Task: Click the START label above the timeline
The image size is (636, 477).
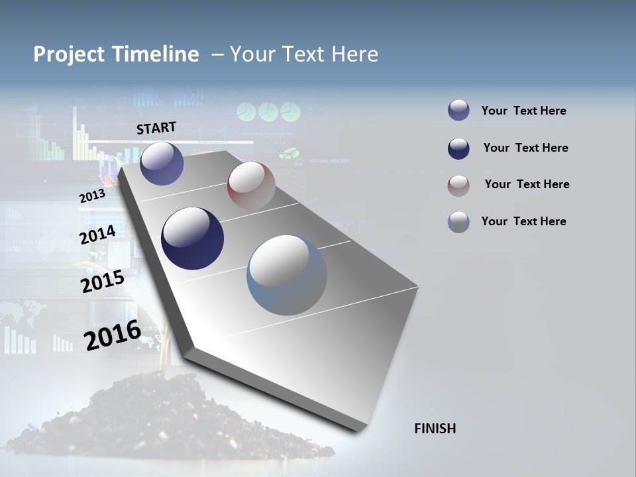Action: (x=156, y=128)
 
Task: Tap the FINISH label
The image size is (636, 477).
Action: (x=435, y=429)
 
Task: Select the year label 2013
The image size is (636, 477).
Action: (x=92, y=196)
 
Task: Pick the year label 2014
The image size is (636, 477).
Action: (x=97, y=235)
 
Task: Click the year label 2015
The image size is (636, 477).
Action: (x=102, y=282)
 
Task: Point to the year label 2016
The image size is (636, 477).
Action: (x=112, y=335)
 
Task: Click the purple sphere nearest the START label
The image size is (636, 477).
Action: (x=162, y=163)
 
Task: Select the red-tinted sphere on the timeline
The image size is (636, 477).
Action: (x=251, y=185)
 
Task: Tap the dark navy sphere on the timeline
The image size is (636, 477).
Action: (x=192, y=238)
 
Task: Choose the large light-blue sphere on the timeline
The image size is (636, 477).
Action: (x=287, y=275)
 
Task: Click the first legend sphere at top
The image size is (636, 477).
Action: (x=458, y=111)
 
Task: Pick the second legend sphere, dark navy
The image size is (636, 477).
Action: (x=458, y=148)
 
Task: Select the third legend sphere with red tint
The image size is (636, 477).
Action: (x=458, y=185)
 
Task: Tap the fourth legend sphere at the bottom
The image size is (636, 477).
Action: (x=458, y=222)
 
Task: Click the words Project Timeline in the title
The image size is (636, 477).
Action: (x=116, y=54)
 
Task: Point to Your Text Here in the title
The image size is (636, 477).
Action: (x=304, y=54)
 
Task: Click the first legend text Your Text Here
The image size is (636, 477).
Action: (x=523, y=111)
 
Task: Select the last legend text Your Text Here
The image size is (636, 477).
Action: (x=523, y=221)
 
